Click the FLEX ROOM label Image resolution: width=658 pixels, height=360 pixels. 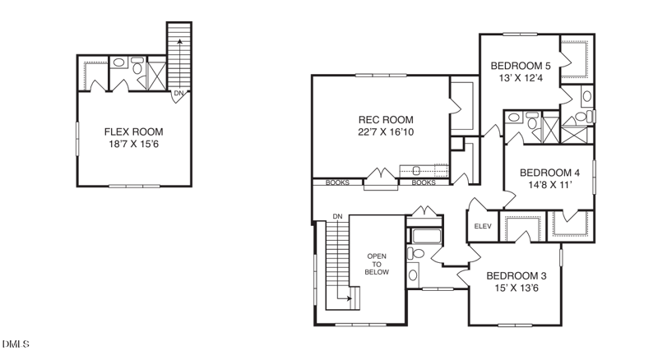tap(133, 132)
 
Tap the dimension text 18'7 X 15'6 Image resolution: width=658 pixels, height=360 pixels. tap(133, 145)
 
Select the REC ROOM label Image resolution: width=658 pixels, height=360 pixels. tap(386, 119)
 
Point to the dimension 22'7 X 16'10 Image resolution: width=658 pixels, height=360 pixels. tap(386, 132)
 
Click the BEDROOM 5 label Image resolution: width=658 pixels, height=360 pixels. tap(521, 66)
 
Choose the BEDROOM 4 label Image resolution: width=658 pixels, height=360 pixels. tap(549, 173)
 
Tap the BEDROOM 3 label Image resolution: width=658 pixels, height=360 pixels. tap(517, 275)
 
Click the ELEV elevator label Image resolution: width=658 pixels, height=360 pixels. tap(483, 226)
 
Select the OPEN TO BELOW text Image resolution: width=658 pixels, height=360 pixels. tap(377, 264)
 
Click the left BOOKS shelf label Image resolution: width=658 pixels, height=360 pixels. tap(337, 182)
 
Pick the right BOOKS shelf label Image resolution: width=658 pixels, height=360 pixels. tap(424, 182)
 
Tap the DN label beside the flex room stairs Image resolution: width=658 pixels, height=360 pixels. tap(178, 93)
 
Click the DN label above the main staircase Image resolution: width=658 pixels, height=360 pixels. tap(337, 216)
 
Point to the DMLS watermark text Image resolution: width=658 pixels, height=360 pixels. tap(16, 344)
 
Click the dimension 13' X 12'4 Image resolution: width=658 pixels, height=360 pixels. tap(521, 78)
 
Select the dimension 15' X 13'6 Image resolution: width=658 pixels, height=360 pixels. tap(517, 288)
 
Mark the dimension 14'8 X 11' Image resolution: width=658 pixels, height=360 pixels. tap(549, 185)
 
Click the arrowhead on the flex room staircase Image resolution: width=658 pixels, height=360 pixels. tap(179, 42)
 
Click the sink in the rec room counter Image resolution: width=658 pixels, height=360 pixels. tap(416, 170)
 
